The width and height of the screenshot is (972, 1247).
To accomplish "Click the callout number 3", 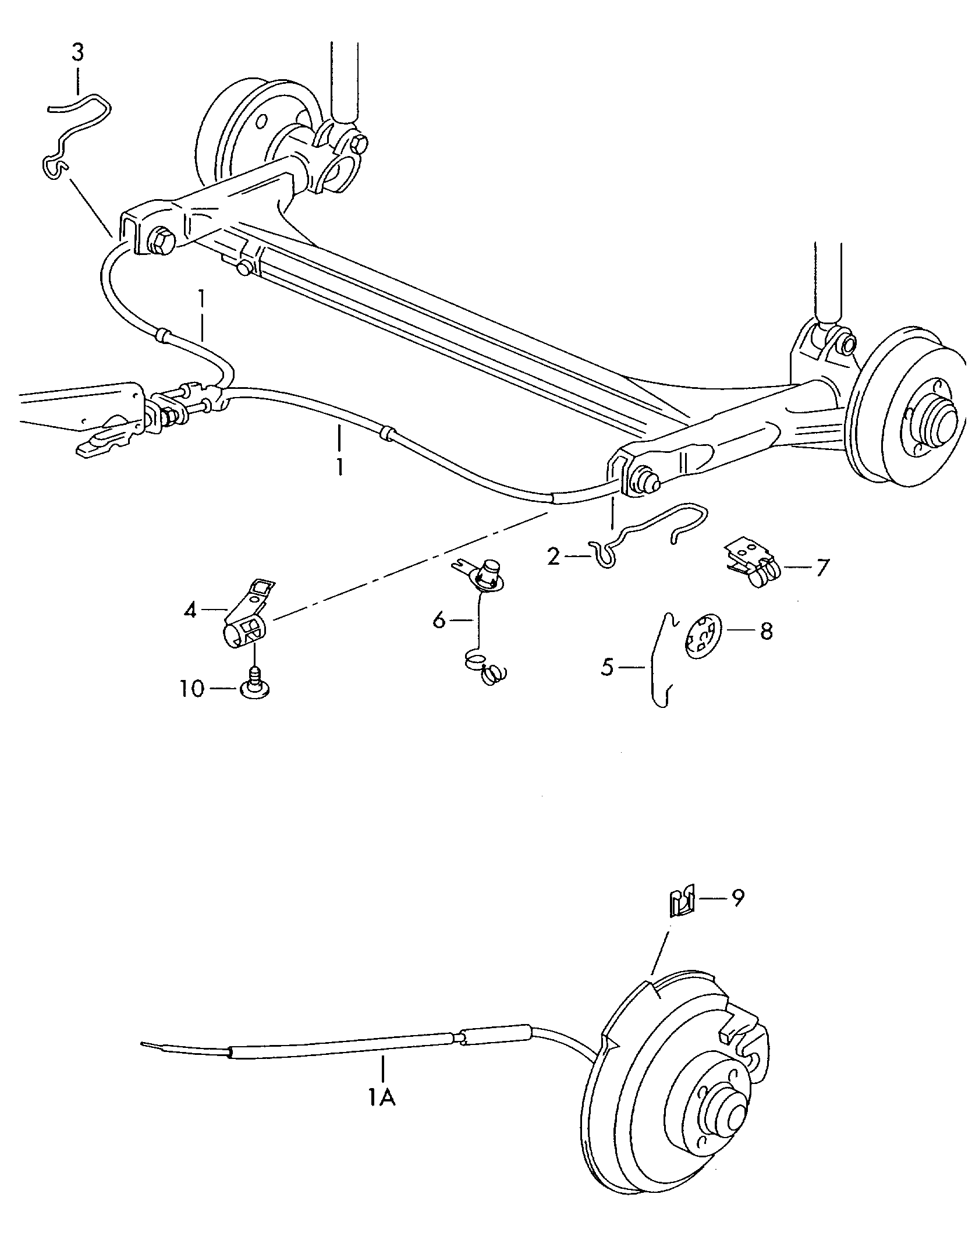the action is coord(77,53).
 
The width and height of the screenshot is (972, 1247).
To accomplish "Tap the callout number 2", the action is coord(554,557).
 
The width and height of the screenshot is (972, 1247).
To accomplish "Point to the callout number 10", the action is coord(193,689).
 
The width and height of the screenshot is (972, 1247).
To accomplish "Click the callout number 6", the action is coord(439,621).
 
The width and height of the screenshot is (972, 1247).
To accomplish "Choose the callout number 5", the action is coord(608,667).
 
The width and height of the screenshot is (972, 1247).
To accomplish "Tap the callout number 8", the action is coord(766,630).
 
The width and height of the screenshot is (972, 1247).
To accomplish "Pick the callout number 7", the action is coord(822,568).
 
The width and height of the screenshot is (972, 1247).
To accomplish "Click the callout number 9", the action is coord(737,898).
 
